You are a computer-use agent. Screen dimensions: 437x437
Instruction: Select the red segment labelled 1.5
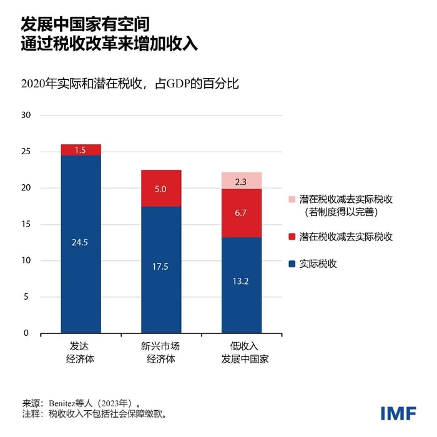[81, 150]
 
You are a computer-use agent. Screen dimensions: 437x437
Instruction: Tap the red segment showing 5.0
[161, 188]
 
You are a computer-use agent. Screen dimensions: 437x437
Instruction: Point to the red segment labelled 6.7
[241, 214]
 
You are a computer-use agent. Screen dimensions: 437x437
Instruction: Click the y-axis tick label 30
[26, 115]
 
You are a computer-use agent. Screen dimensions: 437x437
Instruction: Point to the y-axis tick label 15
[26, 224]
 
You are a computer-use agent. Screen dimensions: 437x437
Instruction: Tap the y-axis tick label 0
[27, 333]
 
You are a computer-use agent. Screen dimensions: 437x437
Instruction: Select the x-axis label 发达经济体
[81, 353]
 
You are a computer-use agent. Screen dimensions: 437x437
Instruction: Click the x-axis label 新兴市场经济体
[161, 353]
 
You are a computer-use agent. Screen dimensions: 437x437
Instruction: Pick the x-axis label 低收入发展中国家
[241, 353]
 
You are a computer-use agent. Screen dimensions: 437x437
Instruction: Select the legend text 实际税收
[317, 264]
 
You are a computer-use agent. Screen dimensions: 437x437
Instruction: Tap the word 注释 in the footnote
[31, 414]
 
